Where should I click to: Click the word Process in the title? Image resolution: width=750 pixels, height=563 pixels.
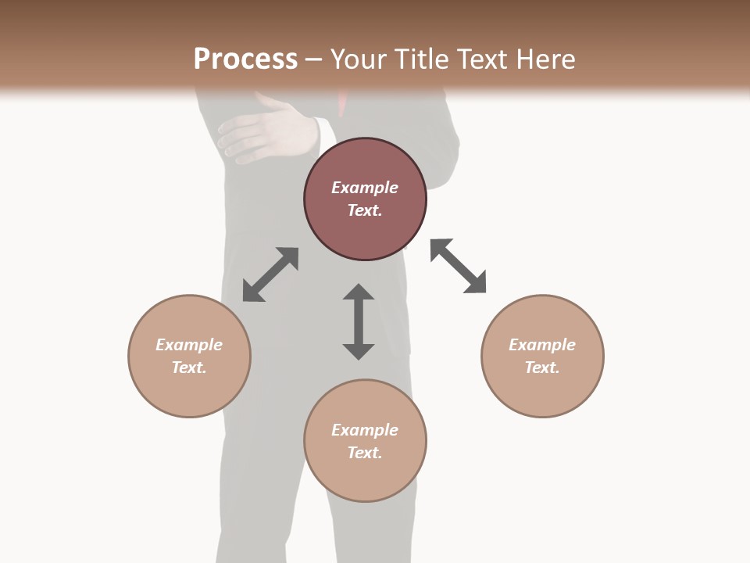pyautogui.click(x=245, y=59)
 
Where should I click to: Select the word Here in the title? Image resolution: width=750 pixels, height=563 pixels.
pyautogui.click(x=543, y=59)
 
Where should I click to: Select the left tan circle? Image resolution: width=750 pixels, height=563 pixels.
pyautogui.click(x=189, y=391)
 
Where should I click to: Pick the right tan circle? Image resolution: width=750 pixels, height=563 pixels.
pyautogui.click(x=542, y=391)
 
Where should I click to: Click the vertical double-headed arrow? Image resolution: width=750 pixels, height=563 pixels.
pyautogui.click(x=359, y=322)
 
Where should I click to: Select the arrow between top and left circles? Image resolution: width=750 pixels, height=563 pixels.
pyautogui.click(x=270, y=274)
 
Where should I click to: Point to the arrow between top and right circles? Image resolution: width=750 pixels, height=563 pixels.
pyautogui.click(x=459, y=266)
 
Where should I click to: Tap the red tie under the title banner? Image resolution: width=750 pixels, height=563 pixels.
pyautogui.click(x=342, y=105)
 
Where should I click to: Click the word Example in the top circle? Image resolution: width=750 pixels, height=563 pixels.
pyautogui.click(x=365, y=188)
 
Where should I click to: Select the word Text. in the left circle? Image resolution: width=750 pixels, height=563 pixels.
pyautogui.click(x=189, y=368)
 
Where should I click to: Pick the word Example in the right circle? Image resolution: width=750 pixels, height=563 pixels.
pyautogui.click(x=542, y=345)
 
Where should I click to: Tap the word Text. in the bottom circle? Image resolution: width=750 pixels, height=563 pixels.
pyautogui.click(x=365, y=453)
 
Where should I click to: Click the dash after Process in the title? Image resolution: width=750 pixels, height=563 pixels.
pyautogui.click(x=313, y=59)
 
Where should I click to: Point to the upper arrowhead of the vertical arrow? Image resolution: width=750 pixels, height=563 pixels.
pyautogui.click(x=359, y=293)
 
